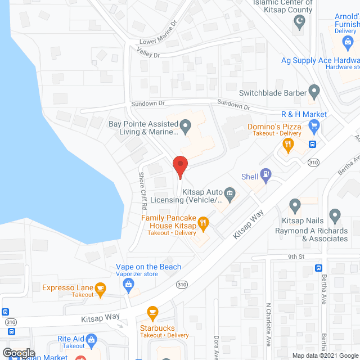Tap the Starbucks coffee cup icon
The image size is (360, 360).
click(x=151, y=312)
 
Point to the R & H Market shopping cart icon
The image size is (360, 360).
click(x=314, y=125)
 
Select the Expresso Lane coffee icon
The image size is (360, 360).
click(x=100, y=289)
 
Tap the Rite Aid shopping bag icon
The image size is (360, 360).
click(x=92, y=339)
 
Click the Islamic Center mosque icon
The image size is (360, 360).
click(x=299, y=22)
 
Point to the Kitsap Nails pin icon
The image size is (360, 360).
click(x=295, y=205)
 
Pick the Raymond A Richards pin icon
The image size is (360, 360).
click(x=335, y=215)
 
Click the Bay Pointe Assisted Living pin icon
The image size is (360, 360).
click(x=185, y=125)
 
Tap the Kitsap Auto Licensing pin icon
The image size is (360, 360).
click(x=229, y=193)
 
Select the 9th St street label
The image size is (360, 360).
click(x=296, y=256)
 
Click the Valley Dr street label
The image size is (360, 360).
click(x=148, y=52)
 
